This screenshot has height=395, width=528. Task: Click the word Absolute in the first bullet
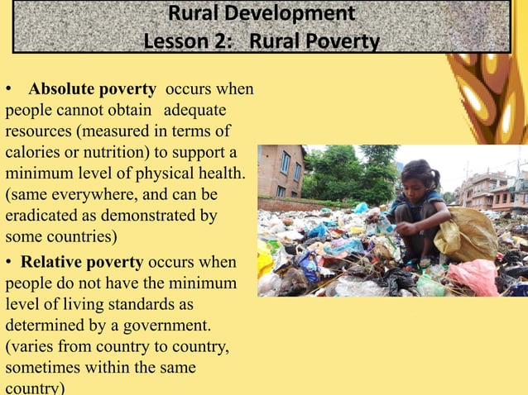pyautogui.click(x=62, y=89)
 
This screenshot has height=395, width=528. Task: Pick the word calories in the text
pyautogui.click(x=32, y=154)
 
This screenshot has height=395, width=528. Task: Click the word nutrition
pyautogui.click(x=114, y=154)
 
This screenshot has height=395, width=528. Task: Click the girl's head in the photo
pyautogui.click(x=420, y=176)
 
